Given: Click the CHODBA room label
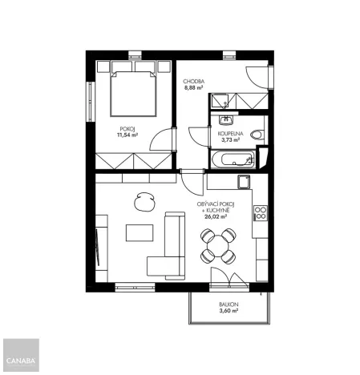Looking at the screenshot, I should (194, 82).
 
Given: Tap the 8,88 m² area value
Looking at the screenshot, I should (194, 88).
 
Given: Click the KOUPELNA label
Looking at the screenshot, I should (231, 134).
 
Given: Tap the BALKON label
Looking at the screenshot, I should (229, 305).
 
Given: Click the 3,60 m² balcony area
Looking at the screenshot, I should (229, 312).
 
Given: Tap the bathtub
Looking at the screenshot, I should (232, 159).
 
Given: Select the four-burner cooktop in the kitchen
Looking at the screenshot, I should (260, 214).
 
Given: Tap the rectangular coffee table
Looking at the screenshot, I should (140, 233).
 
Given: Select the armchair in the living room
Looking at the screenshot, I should (144, 201).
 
